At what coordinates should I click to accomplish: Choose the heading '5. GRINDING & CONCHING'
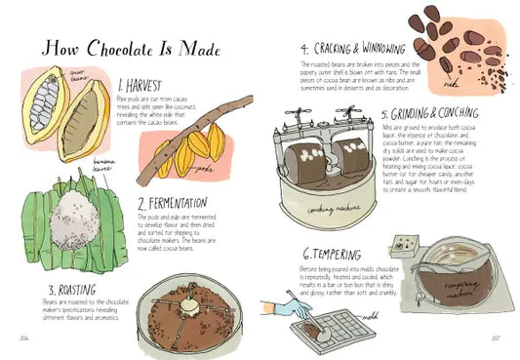point(437,113)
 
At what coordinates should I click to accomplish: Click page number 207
point(496,338)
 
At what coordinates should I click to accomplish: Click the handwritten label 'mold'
point(369,318)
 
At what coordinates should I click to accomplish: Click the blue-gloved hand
point(283,309)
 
